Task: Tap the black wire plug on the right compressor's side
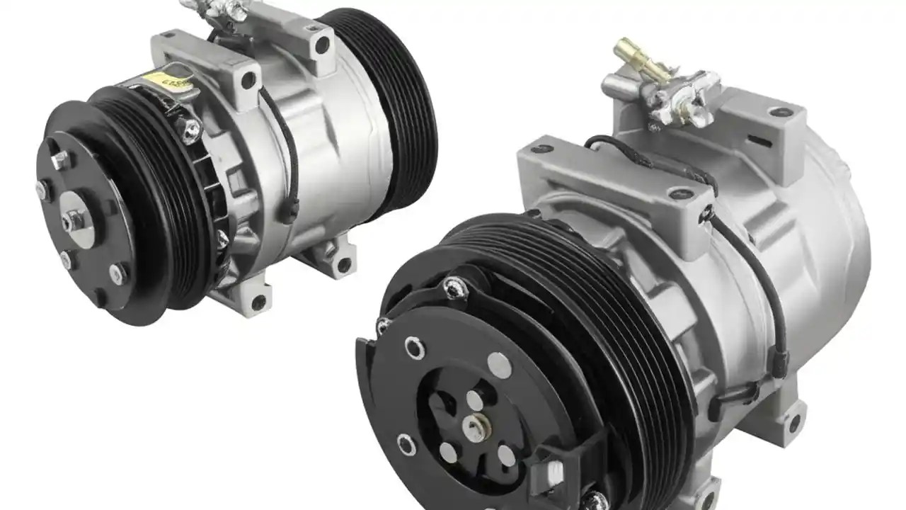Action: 779,362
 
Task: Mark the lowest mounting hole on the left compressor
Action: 259,302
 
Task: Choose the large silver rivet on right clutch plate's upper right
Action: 499,365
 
